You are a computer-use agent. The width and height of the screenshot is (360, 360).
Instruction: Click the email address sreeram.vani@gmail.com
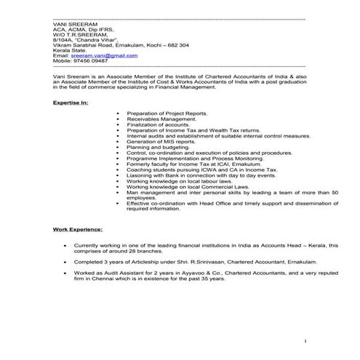click(108, 55)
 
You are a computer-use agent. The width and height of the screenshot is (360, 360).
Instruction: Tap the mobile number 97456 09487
click(89, 61)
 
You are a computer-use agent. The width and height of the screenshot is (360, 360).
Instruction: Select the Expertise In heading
click(71, 103)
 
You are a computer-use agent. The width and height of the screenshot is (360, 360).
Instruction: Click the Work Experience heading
click(78, 230)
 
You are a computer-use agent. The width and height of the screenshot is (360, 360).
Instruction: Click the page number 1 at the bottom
click(307, 340)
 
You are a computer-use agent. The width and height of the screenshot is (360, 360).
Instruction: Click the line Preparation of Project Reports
click(167, 114)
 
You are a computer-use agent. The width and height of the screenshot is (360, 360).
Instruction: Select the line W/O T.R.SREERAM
click(78, 34)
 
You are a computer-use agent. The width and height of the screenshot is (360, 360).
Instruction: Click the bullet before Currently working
click(65, 246)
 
